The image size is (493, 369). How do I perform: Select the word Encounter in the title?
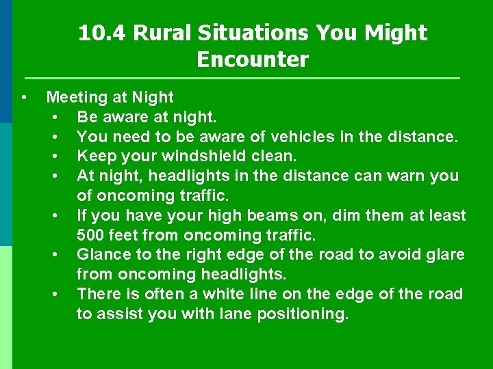(x=253, y=60)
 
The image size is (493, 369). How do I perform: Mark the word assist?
(x=116, y=314)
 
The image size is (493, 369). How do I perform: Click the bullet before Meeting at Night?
(x=24, y=98)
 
